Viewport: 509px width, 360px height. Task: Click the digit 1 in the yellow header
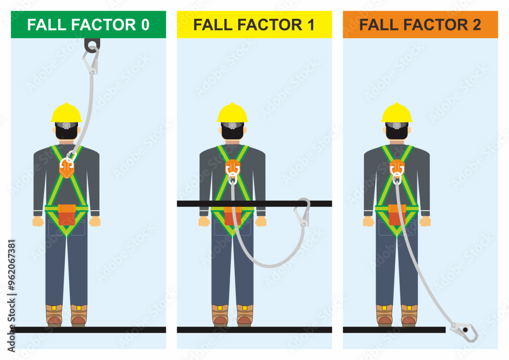click(x=310, y=25)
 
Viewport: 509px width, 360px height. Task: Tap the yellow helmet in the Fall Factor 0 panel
click(x=66, y=113)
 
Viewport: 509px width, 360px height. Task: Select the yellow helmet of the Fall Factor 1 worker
click(x=232, y=113)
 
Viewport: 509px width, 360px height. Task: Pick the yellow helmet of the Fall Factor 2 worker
click(x=397, y=113)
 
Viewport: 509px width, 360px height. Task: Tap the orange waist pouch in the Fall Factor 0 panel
click(x=66, y=214)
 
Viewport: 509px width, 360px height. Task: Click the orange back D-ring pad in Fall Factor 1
click(x=232, y=167)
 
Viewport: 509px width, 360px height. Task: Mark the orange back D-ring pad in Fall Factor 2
click(x=397, y=167)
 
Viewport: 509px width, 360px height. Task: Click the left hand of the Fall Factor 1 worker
click(x=204, y=221)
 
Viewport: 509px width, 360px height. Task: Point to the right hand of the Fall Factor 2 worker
click(x=426, y=221)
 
